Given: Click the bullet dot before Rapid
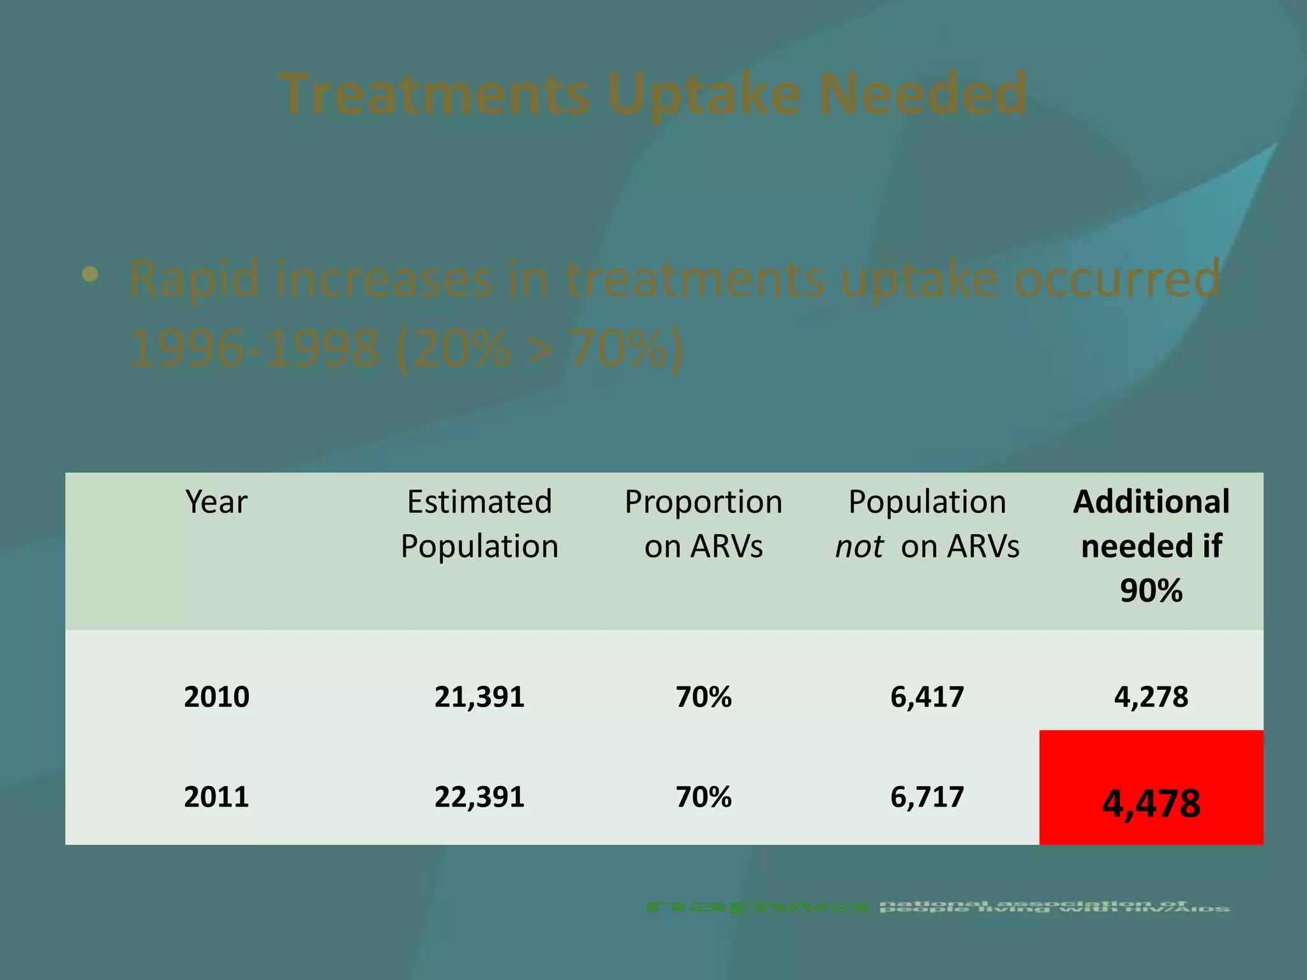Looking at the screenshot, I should click(90, 275).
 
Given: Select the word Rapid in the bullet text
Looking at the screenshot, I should click(194, 279).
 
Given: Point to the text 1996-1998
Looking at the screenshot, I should click(254, 349).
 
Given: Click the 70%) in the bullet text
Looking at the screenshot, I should click(626, 349).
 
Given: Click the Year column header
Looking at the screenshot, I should click(216, 502).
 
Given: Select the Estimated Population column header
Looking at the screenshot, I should click(479, 524).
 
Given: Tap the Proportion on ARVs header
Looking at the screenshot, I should click(703, 524).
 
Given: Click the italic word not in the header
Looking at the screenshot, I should click(859, 547).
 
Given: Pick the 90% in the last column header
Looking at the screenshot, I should click(1151, 591).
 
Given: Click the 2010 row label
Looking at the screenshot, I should click(216, 697).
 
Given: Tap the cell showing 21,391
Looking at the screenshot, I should click(479, 697).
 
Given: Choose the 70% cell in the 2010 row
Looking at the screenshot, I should click(703, 697).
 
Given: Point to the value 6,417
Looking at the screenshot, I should click(927, 697).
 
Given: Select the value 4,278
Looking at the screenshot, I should click(1151, 697).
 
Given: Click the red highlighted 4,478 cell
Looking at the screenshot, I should click(1151, 803).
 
